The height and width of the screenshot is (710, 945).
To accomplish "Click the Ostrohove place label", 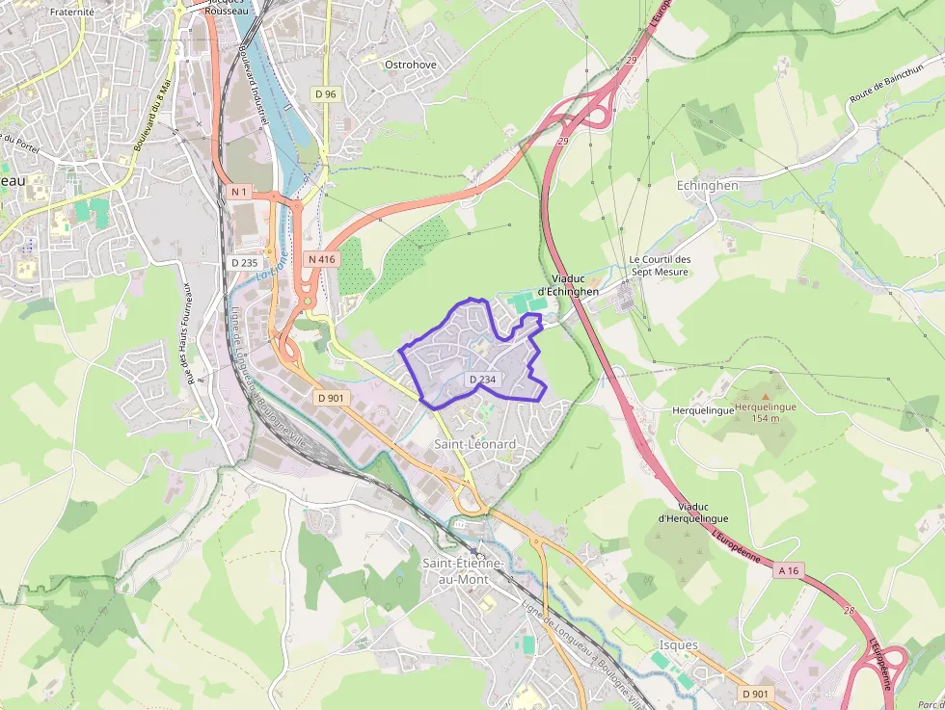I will pyautogui.click(x=410, y=65).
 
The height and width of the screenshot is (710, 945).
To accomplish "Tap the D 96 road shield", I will pyautogui.click(x=325, y=93).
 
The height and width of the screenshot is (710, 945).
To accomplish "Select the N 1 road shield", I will pyautogui.click(x=239, y=192).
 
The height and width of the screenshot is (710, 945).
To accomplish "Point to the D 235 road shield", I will pyautogui.click(x=245, y=262).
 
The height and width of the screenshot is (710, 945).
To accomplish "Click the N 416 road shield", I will pyautogui.click(x=321, y=259).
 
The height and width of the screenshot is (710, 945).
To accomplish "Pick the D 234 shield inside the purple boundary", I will pyautogui.click(x=482, y=380).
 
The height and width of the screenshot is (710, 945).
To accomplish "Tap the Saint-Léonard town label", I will pyautogui.click(x=474, y=444).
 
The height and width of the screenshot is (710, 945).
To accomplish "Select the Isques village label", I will pyautogui.click(x=679, y=644).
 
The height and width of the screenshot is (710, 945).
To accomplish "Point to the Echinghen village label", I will pyautogui.click(x=707, y=186).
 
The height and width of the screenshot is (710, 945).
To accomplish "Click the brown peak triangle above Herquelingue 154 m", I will pyautogui.click(x=766, y=395).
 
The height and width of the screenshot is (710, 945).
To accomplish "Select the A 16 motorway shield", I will pyautogui.click(x=789, y=570).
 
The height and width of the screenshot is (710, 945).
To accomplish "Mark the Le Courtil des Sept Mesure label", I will pyautogui.click(x=660, y=266).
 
